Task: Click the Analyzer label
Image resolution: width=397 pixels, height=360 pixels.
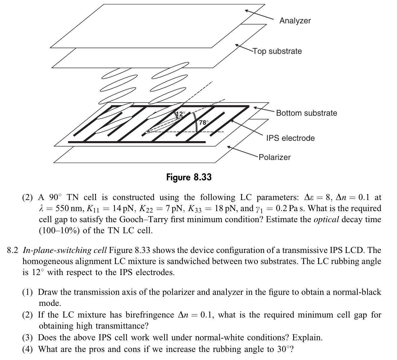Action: pyautogui.click(x=295, y=21)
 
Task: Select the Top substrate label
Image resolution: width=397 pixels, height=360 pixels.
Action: pyautogui.click(x=277, y=51)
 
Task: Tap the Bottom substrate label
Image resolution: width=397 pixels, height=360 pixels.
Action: pyautogui.click(x=306, y=113)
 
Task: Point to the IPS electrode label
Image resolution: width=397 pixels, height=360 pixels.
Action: pyautogui.click(x=290, y=138)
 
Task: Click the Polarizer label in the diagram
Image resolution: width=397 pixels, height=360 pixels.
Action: pyautogui.click(x=274, y=157)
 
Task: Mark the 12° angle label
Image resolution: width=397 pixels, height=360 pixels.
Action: pyautogui.click(x=181, y=114)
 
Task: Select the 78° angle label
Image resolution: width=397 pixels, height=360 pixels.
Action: pyautogui.click(x=203, y=123)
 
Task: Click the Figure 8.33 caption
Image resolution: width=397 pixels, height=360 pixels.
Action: pyautogui.click(x=189, y=177)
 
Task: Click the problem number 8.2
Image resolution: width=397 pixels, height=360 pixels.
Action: pyautogui.click(x=13, y=250)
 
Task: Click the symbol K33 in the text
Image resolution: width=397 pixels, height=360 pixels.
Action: pyautogui.click(x=196, y=209)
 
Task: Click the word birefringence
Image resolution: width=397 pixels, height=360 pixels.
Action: pyautogui.click(x=149, y=315)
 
